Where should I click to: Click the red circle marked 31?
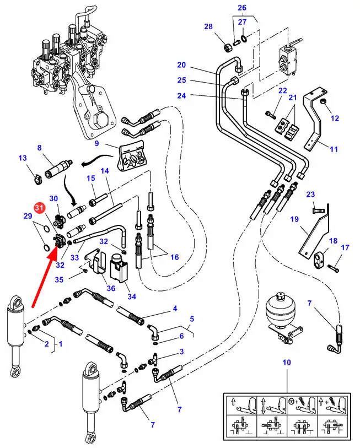tap(39, 208)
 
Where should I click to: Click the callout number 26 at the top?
tap(242, 7)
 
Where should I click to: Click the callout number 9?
tap(96, 144)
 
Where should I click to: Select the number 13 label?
tap(23, 158)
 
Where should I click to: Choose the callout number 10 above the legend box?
tap(286, 362)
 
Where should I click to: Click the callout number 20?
tap(181, 65)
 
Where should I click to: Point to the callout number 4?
tap(175, 308)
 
